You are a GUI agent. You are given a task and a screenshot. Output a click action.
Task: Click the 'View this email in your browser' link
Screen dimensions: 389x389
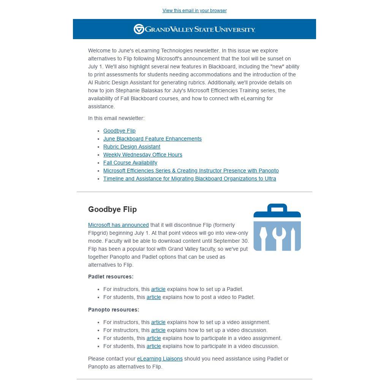coord(194,11)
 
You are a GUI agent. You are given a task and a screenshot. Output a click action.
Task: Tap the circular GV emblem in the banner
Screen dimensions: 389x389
coord(139,29)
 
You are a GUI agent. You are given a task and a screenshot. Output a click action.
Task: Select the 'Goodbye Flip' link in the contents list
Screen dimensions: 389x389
coord(119,131)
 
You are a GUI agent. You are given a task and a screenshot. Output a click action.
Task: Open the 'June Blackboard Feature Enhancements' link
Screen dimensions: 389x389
coord(152,139)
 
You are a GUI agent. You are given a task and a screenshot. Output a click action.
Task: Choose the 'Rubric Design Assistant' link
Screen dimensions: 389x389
coord(131,147)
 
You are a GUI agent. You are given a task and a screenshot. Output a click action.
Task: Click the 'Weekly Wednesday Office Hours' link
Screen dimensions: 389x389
coord(142,155)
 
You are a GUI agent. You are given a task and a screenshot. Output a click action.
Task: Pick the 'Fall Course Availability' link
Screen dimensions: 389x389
coord(130,163)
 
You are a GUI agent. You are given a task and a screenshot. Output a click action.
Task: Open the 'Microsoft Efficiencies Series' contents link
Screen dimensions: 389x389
coord(191,171)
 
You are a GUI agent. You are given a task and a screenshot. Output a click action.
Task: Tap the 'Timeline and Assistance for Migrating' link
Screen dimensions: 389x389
coord(190,179)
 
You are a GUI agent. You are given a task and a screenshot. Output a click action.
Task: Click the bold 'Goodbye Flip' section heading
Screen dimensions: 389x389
coord(112,209)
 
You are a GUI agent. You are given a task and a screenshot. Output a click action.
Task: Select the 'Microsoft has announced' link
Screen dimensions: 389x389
coord(118,225)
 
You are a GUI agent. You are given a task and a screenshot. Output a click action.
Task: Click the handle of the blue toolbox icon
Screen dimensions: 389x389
coord(277,208)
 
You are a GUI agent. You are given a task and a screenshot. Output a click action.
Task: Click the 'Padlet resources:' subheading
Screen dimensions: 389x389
coord(111,277)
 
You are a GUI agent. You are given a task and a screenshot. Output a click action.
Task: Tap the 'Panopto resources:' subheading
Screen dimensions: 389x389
coord(114,310)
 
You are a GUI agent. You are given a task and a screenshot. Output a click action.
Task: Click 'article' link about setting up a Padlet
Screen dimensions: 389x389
coord(158,289)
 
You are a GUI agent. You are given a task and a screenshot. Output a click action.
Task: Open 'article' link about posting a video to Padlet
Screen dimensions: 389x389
coord(153,297)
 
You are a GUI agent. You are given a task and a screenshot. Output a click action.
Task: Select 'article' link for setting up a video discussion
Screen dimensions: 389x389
coord(158,330)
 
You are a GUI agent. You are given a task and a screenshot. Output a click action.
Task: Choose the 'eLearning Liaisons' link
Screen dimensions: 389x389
coord(160,359)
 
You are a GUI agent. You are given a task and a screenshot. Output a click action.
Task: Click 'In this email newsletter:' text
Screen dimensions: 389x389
coord(116,118)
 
